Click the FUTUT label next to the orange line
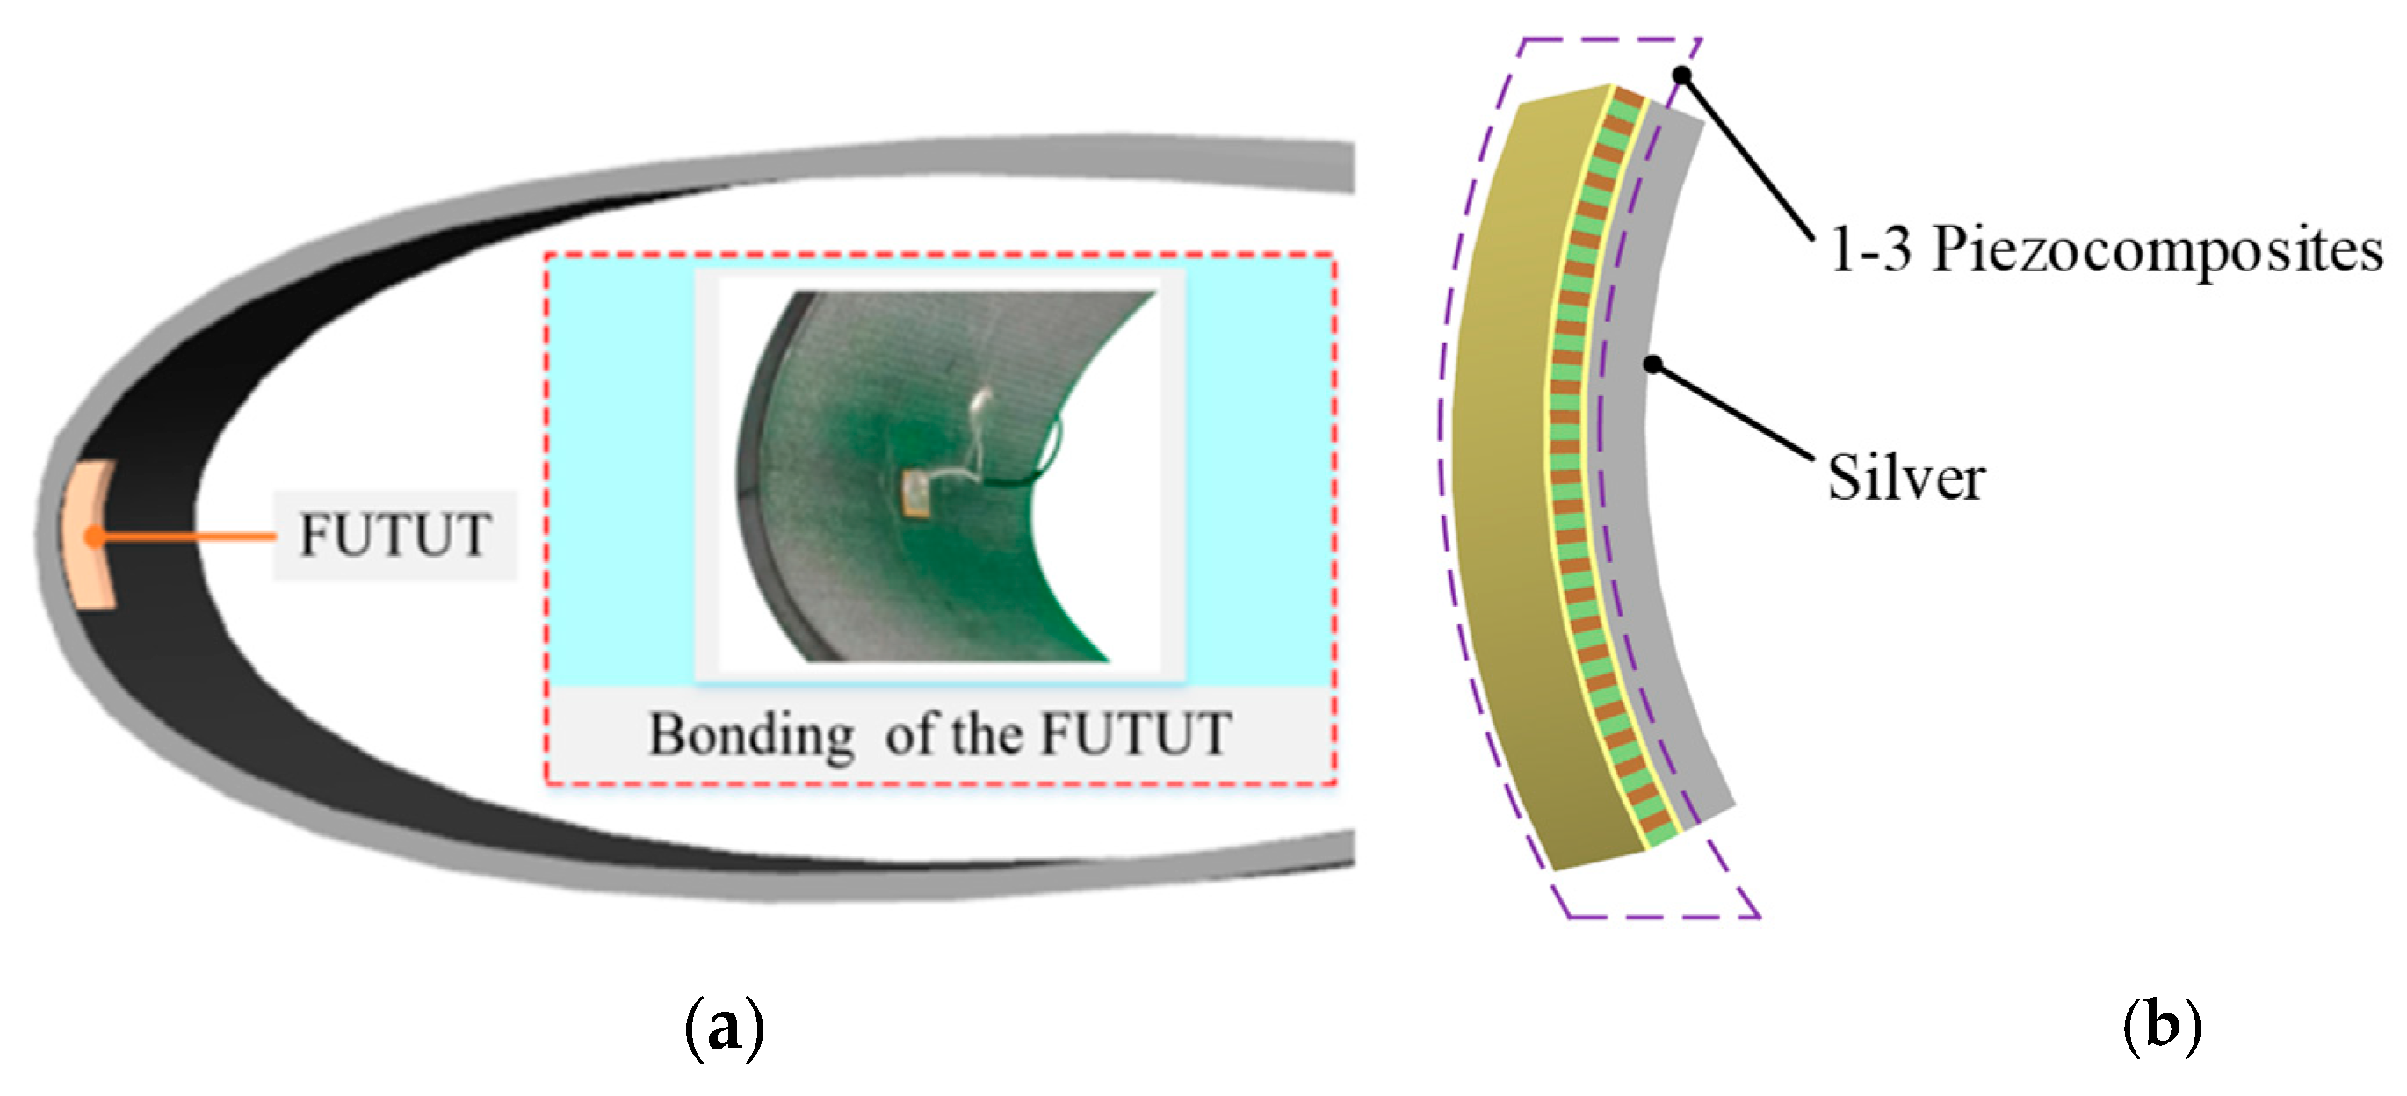click(394, 535)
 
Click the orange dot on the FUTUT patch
click(92, 536)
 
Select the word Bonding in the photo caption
click(750, 735)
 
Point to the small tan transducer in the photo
click(914, 493)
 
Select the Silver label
click(1906, 479)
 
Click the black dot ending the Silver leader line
click(1653, 364)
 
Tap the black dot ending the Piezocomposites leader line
click(1682, 74)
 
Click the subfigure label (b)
click(2161, 1027)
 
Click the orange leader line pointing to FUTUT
click(187, 537)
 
